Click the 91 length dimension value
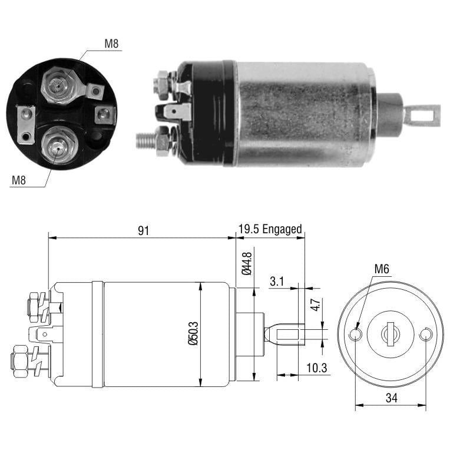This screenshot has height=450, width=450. pyautogui.click(x=144, y=231)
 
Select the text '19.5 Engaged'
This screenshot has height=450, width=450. pyautogui.click(x=270, y=229)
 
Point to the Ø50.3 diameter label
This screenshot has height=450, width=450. pyautogui.click(x=193, y=333)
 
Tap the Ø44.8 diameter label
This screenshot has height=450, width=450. pyautogui.click(x=247, y=263)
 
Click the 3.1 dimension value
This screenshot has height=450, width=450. pyautogui.click(x=277, y=282)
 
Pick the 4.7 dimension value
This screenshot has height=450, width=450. pyautogui.click(x=315, y=305)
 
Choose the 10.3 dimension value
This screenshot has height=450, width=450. pyautogui.click(x=316, y=368)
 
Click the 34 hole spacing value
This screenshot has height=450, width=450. pyautogui.click(x=392, y=398)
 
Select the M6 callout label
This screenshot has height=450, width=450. pyautogui.click(x=382, y=269)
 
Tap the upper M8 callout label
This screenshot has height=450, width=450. pyautogui.click(x=111, y=44)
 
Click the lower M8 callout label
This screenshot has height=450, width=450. pyautogui.click(x=19, y=180)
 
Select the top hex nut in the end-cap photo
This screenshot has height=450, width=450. pyautogui.click(x=59, y=85)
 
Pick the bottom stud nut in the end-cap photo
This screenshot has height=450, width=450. pyautogui.click(x=59, y=145)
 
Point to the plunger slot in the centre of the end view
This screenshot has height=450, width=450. pyautogui.click(x=391, y=334)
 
